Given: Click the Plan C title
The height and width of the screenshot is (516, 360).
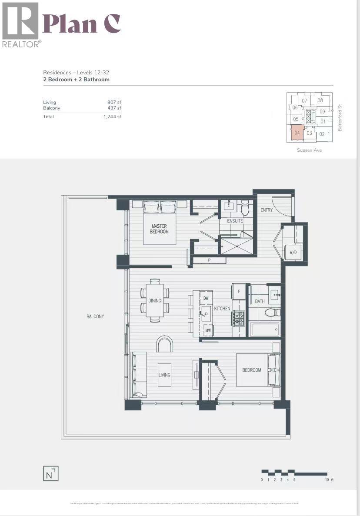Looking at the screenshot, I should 81,24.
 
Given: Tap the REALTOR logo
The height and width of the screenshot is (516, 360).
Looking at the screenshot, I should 20,25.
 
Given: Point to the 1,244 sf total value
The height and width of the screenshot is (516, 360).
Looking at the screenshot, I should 113,117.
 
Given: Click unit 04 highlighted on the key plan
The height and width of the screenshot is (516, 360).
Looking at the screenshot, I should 297,133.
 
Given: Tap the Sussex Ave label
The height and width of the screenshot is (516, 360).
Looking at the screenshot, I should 309,150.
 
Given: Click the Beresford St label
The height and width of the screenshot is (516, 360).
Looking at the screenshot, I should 340,117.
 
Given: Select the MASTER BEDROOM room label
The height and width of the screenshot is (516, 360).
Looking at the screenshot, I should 160,229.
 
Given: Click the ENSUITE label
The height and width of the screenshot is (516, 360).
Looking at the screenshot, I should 234,221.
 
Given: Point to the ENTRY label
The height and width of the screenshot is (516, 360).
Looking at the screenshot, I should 267,210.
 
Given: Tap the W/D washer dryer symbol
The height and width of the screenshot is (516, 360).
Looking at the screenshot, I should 291,252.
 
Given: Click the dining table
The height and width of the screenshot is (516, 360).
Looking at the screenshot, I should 154,300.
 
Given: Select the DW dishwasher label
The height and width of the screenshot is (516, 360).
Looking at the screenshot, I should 206,298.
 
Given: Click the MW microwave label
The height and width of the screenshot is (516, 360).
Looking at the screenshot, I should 208,330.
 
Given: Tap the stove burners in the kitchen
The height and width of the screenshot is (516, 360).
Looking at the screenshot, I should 239,319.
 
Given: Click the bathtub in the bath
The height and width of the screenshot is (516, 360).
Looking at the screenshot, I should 265,329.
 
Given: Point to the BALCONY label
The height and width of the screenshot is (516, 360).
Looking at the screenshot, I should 95,316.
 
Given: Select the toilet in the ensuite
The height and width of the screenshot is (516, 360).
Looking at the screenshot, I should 245,208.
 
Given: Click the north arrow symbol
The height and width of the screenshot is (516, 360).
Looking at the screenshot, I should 51,473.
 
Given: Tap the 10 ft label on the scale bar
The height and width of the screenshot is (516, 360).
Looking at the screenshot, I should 329,480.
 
